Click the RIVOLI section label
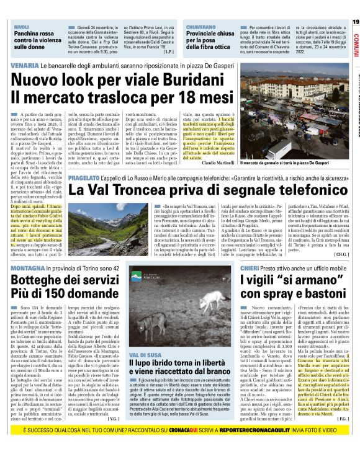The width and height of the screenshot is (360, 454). point(22,27)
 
